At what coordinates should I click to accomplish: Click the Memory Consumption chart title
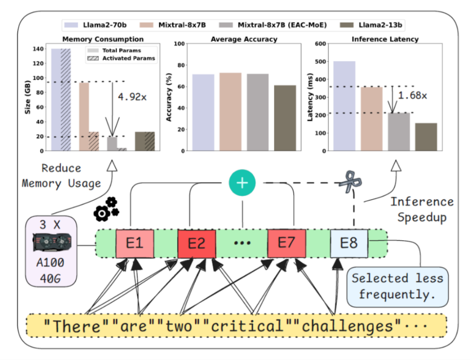point(103,39)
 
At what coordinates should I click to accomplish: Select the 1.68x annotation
point(412,96)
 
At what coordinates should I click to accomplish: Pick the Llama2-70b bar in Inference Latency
point(344,106)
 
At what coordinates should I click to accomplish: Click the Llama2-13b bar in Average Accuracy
point(285,118)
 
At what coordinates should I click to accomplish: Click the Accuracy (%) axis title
point(169,97)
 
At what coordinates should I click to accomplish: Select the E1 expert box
point(135,243)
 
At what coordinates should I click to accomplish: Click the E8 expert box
point(349,243)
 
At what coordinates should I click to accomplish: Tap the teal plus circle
point(242,183)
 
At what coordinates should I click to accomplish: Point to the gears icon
point(106,208)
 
